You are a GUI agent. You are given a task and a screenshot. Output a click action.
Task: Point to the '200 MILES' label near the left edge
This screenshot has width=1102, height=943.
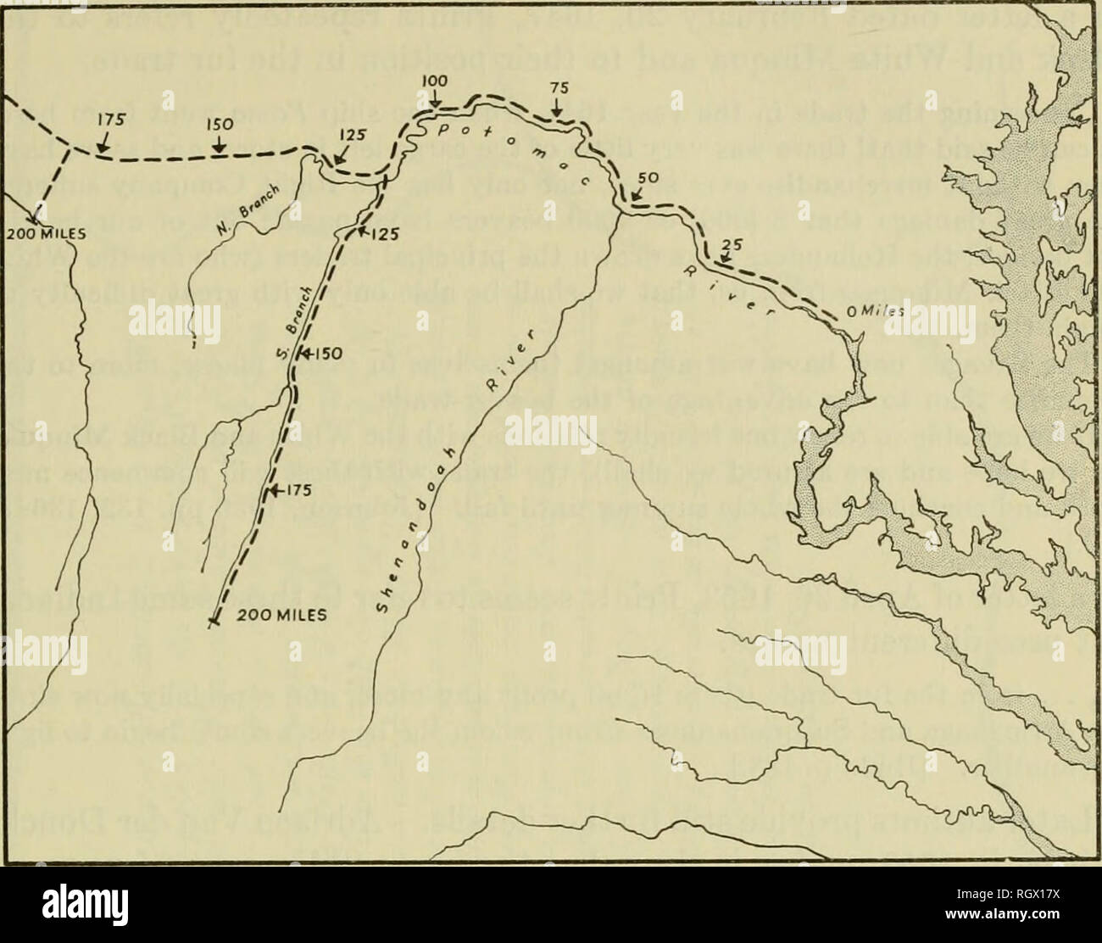click(x=41, y=232)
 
